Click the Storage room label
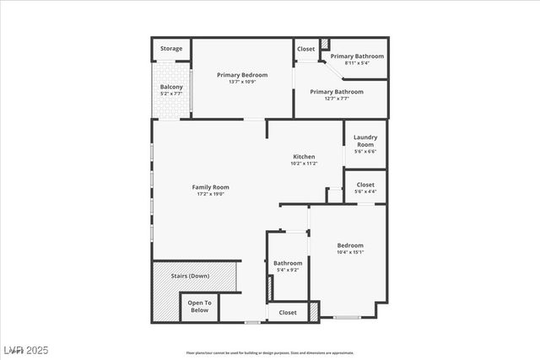[x=171, y=49]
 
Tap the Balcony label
[x=171, y=87]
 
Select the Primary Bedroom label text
[x=242, y=74]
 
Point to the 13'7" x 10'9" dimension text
[x=242, y=82]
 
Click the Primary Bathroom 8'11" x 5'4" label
[x=356, y=56]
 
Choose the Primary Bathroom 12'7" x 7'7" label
[x=337, y=92]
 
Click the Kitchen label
[x=304, y=157]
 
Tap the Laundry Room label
[x=364, y=141]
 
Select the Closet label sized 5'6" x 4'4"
[x=365, y=185]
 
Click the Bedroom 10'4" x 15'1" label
[x=350, y=245]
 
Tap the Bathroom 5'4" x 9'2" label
[x=288, y=263]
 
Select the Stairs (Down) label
[x=190, y=276]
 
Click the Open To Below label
[x=199, y=306]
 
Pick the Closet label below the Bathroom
[x=288, y=313]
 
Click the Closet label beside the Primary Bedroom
[x=305, y=49]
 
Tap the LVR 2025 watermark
[x=26, y=349]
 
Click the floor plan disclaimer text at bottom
[x=270, y=352]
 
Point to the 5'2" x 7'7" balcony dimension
[x=171, y=94]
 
